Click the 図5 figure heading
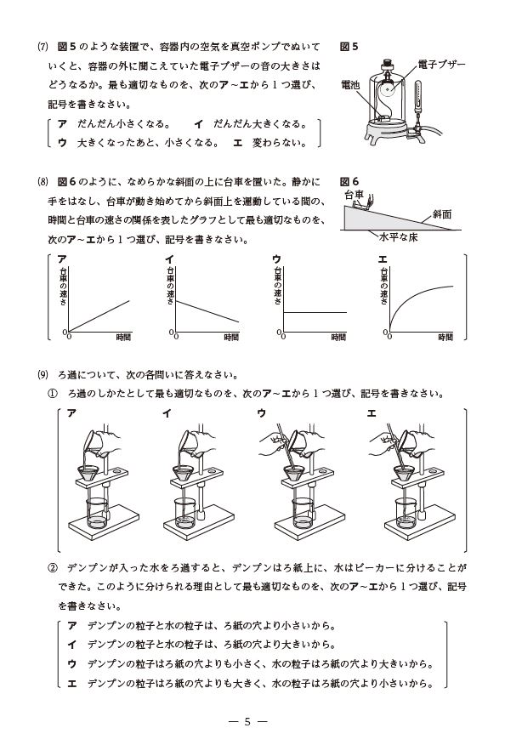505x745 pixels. pyautogui.click(x=349, y=47)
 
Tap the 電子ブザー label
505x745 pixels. pyautogui.click(x=441, y=65)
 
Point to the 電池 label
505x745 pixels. pyautogui.click(x=351, y=86)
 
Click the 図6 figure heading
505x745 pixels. pyautogui.click(x=349, y=181)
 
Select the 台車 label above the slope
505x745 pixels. pyautogui.click(x=354, y=194)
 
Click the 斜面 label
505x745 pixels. pyautogui.click(x=442, y=214)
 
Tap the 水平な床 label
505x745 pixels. pyautogui.click(x=398, y=237)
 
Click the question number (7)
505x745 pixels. pyautogui.click(x=43, y=47)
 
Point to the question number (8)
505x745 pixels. pyautogui.click(x=43, y=181)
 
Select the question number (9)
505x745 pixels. pyautogui.click(x=43, y=375)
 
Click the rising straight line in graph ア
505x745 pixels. pyautogui.click(x=99, y=316)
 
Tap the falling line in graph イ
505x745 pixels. pyautogui.click(x=207, y=311)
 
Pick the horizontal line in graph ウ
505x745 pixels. pyautogui.click(x=315, y=312)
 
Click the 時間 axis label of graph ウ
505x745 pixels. pyautogui.click(x=338, y=338)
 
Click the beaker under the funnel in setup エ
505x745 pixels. pyautogui.click(x=406, y=513)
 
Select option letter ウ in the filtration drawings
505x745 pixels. pyautogui.click(x=261, y=413)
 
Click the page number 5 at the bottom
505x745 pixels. pyautogui.click(x=247, y=722)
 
